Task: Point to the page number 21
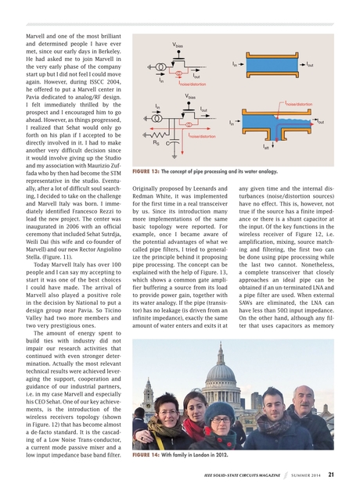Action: [x=331, y=474]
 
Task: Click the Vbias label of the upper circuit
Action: [x=178, y=46]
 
